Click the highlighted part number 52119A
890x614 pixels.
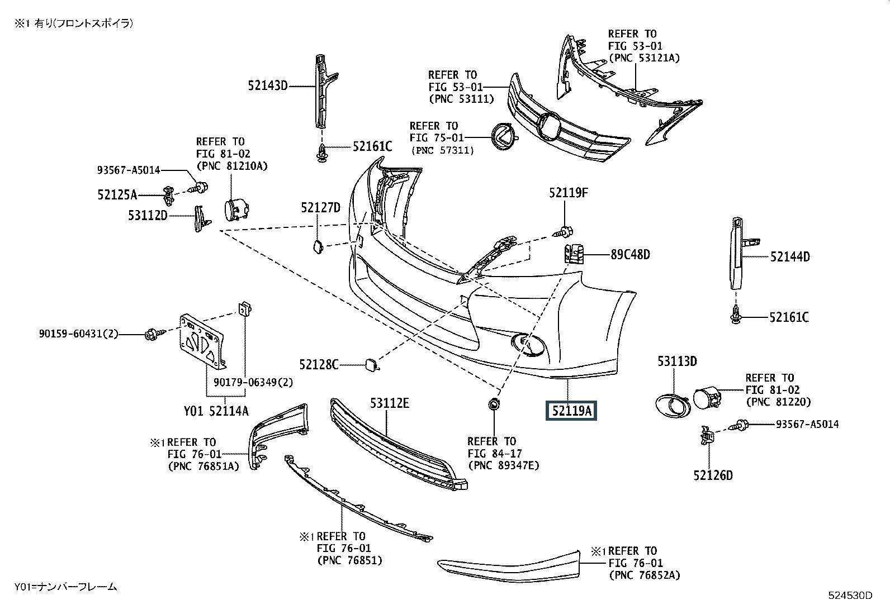[x=571, y=411]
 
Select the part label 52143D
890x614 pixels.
[x=268, y=85]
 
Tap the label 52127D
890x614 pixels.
[x=320, y=207]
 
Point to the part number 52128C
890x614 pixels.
[x=319, y=365]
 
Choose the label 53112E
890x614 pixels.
[x=390, y=403]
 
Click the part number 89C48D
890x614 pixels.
[x=630, y=255]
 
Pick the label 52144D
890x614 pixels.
[x=790, y=256]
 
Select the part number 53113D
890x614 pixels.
[x=677, y=361]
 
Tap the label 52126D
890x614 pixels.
[x=713, y=475]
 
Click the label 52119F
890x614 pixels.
[x=569, y=193]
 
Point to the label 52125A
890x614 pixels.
[x=117, y=195]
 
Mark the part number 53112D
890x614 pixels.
[x=148, y=215]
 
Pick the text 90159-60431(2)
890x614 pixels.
[x=79, y=334]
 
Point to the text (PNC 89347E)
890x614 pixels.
[x=503, y=465]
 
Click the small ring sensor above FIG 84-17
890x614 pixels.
[x=494, y=405]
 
